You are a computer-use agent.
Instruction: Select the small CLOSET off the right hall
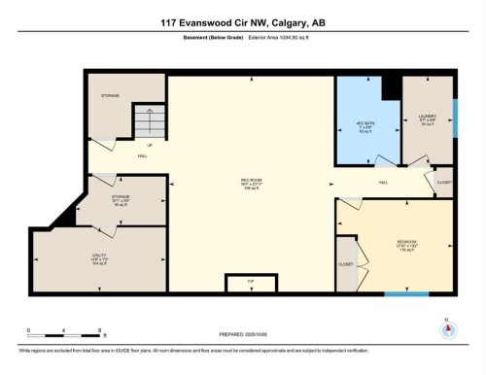(444, 181)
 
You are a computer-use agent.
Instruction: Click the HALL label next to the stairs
(142, 155)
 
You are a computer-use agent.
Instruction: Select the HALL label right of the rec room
(384, 182)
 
